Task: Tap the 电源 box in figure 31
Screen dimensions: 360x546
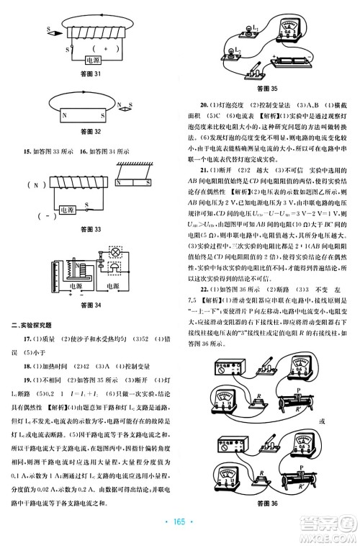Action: tap(93, 61)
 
